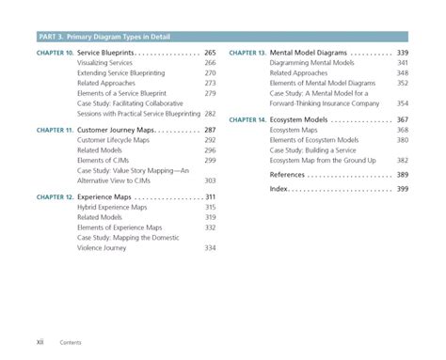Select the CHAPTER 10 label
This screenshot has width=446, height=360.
click(x=56, y=52)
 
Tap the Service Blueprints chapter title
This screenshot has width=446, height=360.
click(x=104, y=52)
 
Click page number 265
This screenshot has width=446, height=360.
click(x=210, y=52)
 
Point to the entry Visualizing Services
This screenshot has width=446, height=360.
click(x=105, y=62)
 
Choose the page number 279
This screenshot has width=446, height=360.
click(x=210, y=93)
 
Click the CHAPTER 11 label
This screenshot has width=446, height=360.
click(x=56, y=129)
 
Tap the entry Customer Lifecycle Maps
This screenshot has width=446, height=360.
click(x=113, y=139)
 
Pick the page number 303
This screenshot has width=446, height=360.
click(x=210, y=180)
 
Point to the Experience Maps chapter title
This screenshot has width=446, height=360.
click(x=104, y=196)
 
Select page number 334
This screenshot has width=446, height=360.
click(x=210, y=248)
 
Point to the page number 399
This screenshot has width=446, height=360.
click(x=402, y=189)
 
